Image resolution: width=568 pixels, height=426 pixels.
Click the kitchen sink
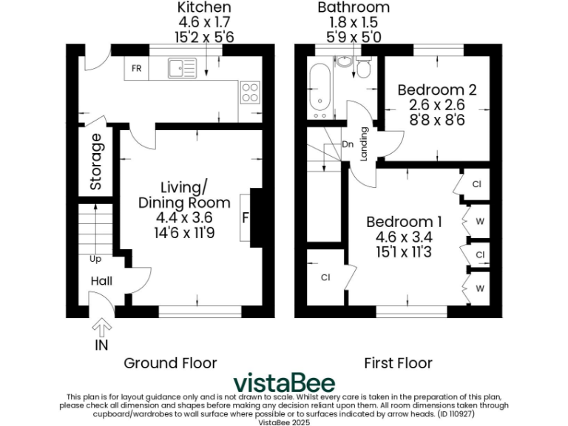(180, 69)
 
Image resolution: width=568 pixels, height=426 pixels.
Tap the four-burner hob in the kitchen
(249, 92)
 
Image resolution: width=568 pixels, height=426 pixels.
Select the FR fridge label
(137, 69)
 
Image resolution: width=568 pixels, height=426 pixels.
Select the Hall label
(101, 281)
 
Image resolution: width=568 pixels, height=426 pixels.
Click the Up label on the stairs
(96, 260)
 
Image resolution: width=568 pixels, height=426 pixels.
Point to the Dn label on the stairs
(348, 144)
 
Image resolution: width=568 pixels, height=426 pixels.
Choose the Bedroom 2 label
(436, 90)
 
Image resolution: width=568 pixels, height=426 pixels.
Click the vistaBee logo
(284, 383)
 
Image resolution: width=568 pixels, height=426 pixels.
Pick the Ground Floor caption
(170, 362)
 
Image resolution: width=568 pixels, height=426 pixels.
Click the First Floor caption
(398, 362)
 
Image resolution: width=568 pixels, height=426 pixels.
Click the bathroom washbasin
(344, 64)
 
